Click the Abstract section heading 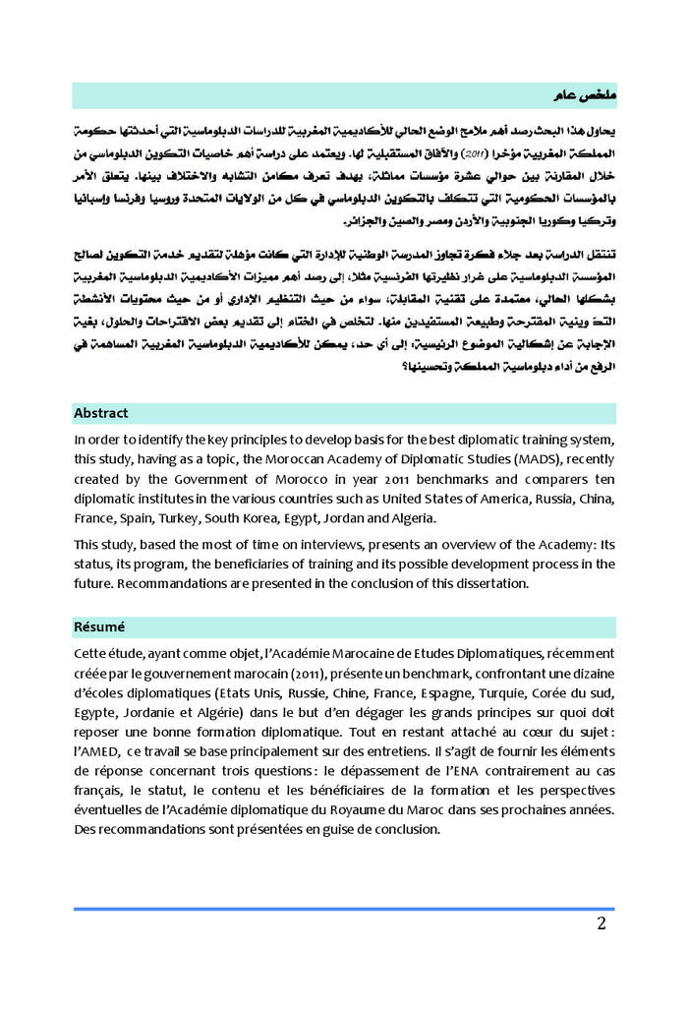coord(100,413)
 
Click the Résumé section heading coord(98,626)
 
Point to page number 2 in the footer coord(601,923)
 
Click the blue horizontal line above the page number coord(344,909)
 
